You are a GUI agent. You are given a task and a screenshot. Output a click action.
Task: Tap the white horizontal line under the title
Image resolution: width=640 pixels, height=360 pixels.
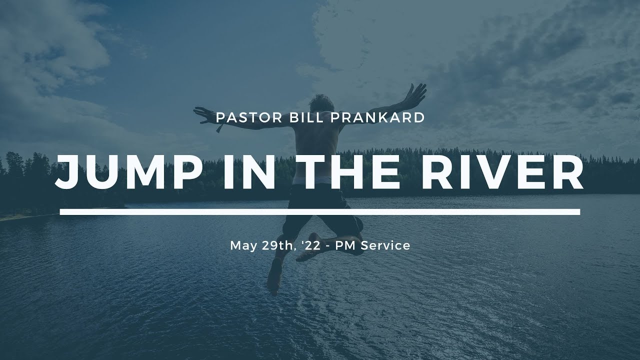pos(320,212)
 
